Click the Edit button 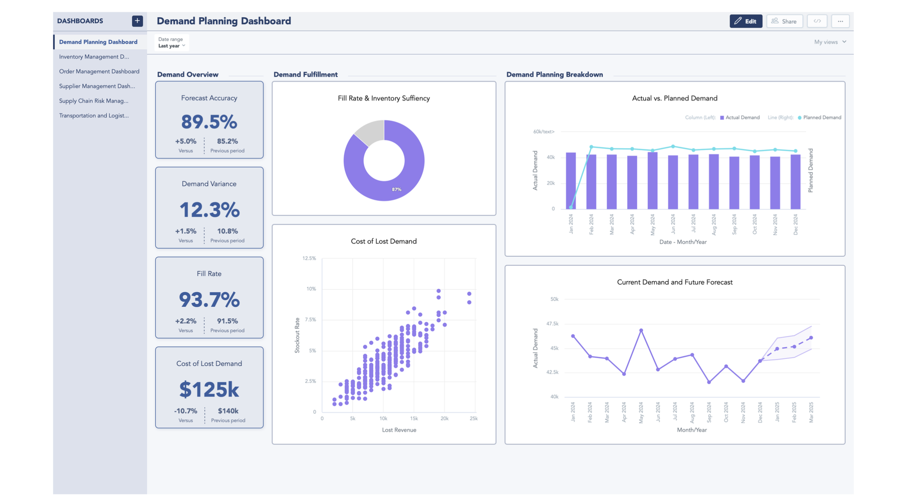point(745,21)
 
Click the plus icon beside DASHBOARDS point(137,21)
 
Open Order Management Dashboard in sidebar point(99,72)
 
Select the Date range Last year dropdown point(171,43)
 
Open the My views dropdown point(830,42)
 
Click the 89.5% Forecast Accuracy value point(209,122)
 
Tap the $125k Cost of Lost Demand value point(209,389)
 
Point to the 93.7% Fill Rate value point(209,300)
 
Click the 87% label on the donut point(396,189)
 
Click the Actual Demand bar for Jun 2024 point(673,182)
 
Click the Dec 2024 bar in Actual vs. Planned point(795,182)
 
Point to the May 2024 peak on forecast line point(641,331)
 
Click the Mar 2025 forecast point point(811,338)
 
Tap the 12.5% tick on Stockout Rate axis point(309,259)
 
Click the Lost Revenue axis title point(399,430)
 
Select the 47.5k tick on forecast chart point(552,324)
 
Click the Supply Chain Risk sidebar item point(94,101)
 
